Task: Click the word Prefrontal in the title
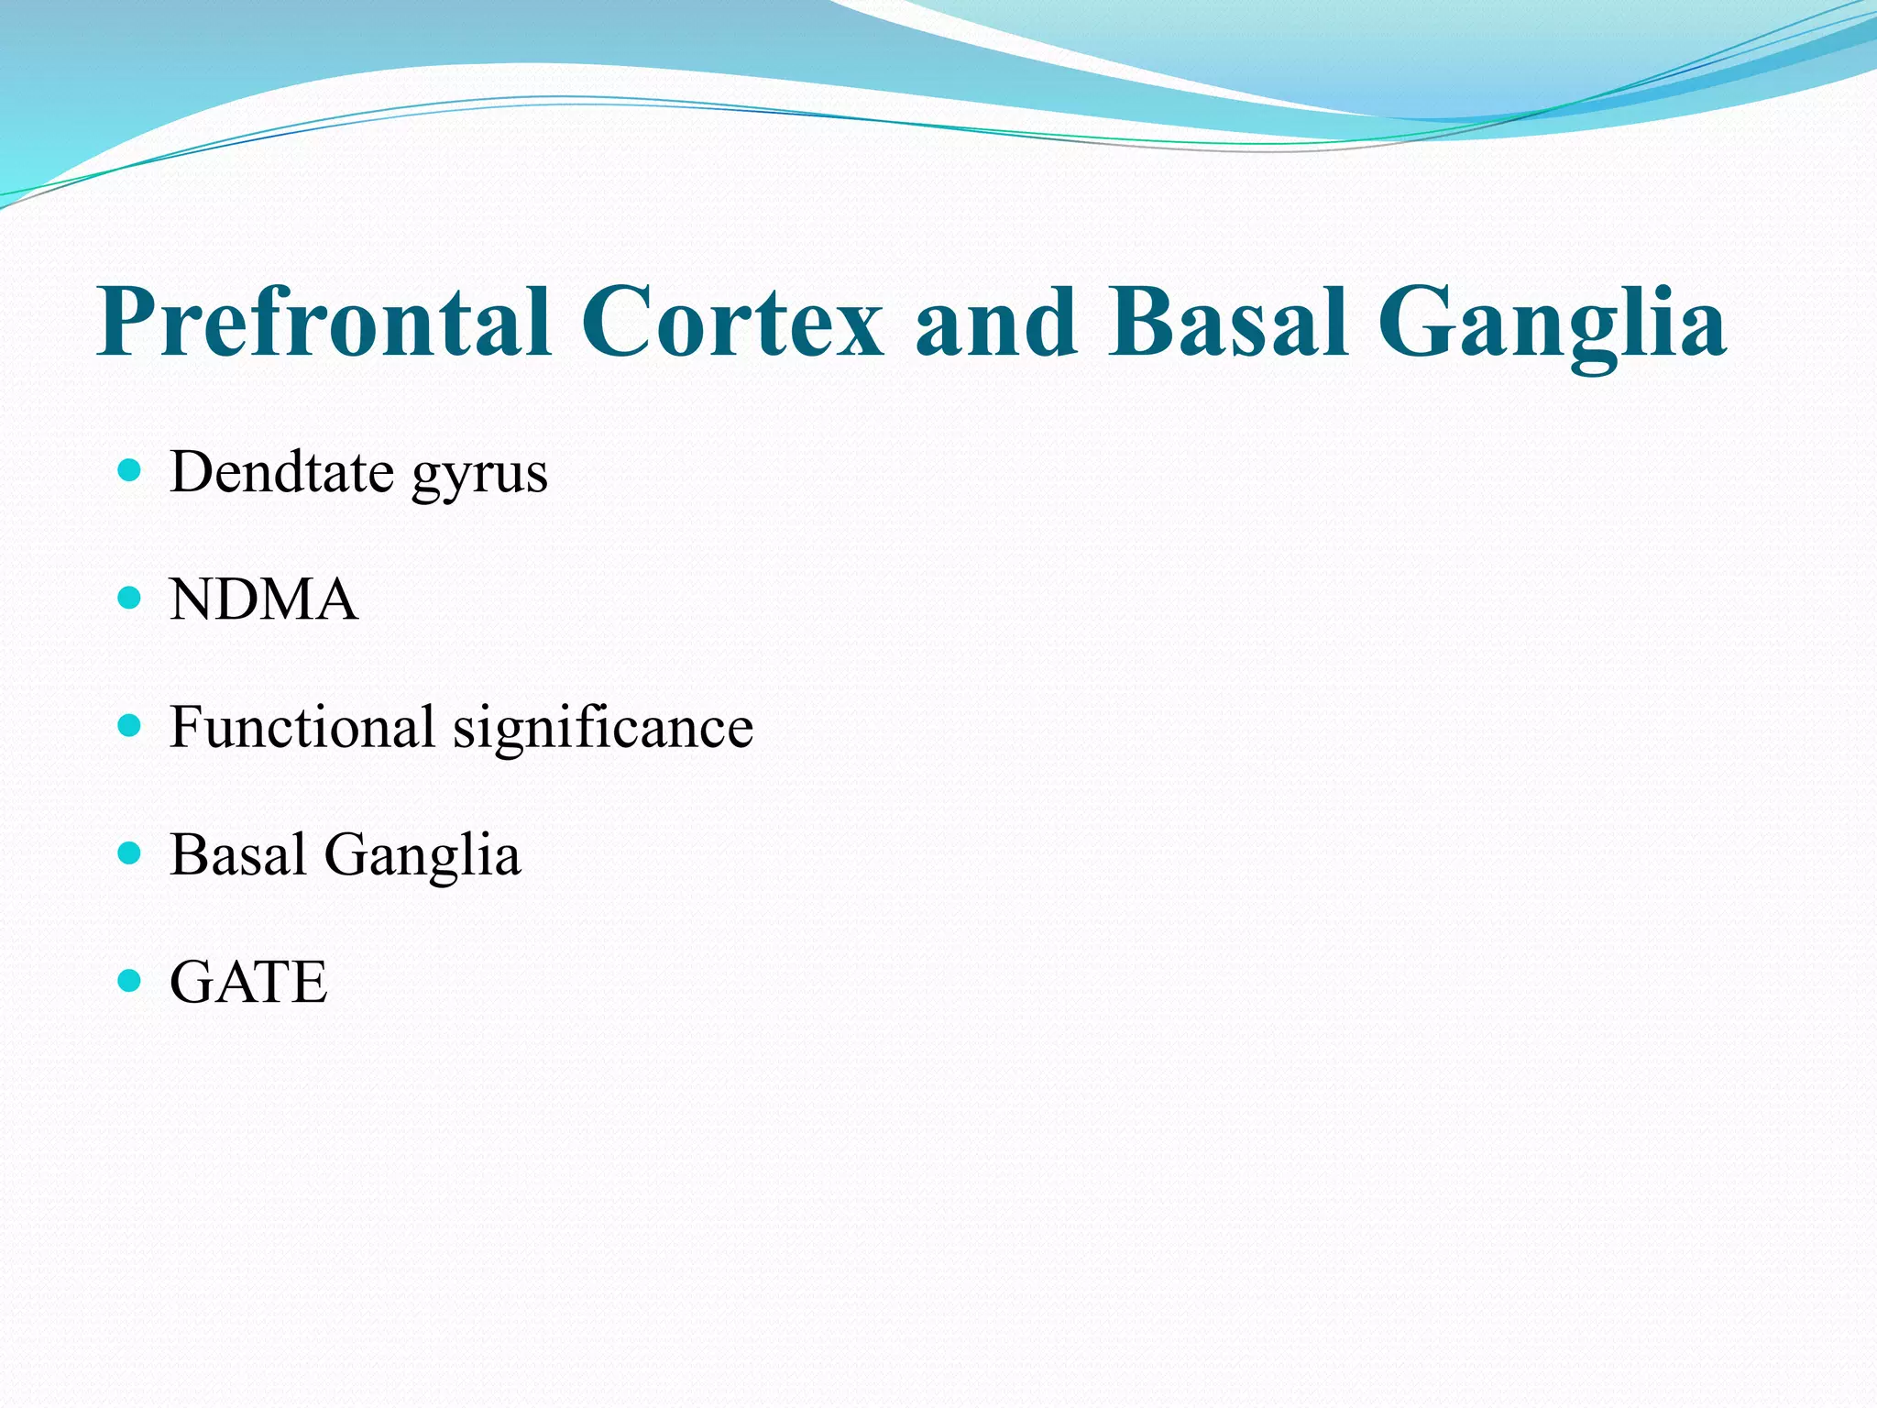coord(325,323)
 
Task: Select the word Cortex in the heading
coord(732,323)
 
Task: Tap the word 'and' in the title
coord(996,323)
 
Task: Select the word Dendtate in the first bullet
coord(281,473)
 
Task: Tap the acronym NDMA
coord(264,600)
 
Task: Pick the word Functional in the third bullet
coord(302,728)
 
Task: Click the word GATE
coord(248,983)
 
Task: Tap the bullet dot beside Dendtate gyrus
coord(130,471)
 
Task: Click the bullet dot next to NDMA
coord(130,599)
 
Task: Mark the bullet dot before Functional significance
coord(130,726)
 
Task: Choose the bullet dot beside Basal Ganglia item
coord(130,853)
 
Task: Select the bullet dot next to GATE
coord(130,981)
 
